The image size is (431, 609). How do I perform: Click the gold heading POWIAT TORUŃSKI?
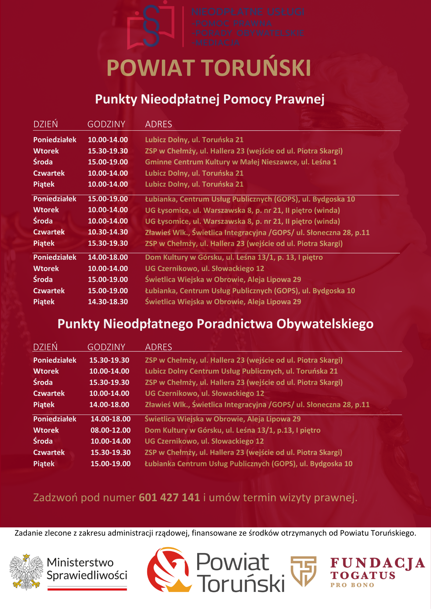[209, 68]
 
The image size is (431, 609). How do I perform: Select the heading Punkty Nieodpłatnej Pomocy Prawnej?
[210, 99]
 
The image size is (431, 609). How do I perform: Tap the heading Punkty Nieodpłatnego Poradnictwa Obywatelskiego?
[215, 324]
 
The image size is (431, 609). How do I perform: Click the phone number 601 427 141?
[169, 498]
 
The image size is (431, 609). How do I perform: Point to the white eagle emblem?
[26, 572]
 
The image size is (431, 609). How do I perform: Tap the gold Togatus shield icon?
[303, 571]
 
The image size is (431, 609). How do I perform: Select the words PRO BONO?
[352, 585]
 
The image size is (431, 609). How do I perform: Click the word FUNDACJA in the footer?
[377, 563]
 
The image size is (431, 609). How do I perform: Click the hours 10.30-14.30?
[108, 232]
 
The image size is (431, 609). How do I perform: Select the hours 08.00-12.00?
[110, 430]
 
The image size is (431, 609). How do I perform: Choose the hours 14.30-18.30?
[108, 302]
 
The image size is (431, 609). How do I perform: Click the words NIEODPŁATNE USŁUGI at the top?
[248, 12]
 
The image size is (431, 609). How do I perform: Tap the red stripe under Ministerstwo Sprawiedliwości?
[87, 590]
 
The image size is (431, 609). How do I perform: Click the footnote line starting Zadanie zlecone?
[215, 533]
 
